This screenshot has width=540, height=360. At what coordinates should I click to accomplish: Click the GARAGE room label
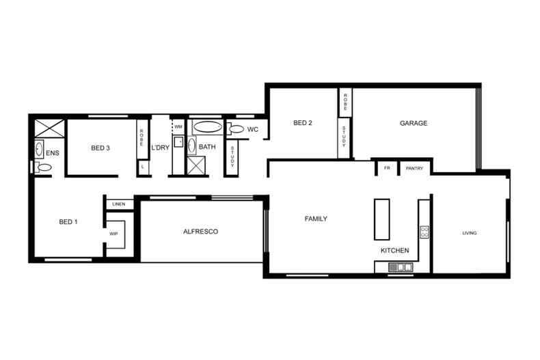point(414,124)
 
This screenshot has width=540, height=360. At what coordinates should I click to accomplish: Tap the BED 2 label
point(303,124)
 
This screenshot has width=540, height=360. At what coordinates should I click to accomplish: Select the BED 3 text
point(100,148)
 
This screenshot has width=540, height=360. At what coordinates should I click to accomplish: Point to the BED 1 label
point(69,221)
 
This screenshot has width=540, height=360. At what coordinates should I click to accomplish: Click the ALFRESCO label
point(200,232)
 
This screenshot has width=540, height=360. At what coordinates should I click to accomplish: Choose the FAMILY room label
point(316,219)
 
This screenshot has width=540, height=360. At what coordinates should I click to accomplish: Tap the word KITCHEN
point(395,251)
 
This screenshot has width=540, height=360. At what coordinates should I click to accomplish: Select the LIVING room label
point(470,234)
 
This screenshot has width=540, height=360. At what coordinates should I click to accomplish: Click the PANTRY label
point(415,168)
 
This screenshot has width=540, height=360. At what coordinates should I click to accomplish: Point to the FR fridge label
point(387,168)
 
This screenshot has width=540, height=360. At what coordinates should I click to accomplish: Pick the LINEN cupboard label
point(119,204)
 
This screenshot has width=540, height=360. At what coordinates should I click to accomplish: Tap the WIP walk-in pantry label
point(114,234)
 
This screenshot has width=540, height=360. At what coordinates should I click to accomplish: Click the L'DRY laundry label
point(160,148)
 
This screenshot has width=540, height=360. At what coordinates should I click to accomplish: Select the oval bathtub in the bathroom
point(207,127)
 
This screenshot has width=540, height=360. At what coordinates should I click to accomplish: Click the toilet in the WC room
point(237,128)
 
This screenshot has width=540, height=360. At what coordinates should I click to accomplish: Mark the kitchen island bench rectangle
point(381,219)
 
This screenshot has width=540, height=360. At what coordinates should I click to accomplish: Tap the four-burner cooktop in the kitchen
point(424,231)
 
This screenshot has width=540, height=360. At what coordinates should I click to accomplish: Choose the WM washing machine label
point(178,127)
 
